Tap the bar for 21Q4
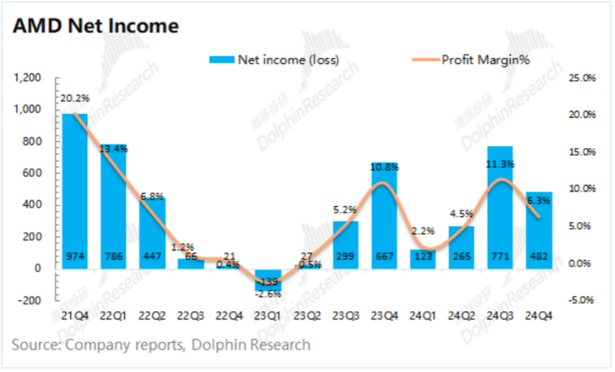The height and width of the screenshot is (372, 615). coord(74,188)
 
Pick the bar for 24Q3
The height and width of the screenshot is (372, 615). coord(500,205)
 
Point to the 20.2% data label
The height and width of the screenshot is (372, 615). coord(74,98)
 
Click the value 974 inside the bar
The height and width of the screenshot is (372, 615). coord(74,254)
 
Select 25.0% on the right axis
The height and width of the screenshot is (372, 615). coord(581,78)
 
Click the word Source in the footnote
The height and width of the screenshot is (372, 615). coord(38,345)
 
